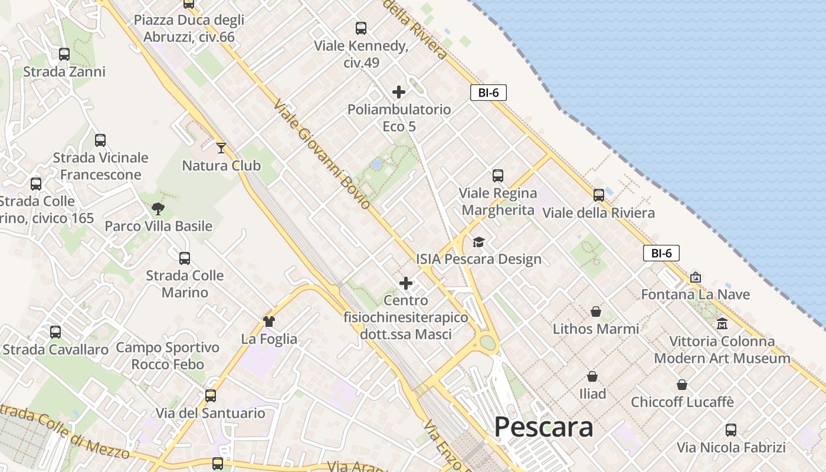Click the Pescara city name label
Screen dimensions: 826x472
pyautogui.click(x=543, y=427)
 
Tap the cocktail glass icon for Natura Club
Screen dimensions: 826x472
pyautogui.click(x=221, y=147)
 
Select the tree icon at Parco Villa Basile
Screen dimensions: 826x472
pyautogui.click(x=158, y=208)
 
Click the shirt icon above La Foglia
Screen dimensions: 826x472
pyautogui.click(x=269, y=321)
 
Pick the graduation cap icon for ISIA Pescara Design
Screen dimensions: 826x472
pyautogui.click(x=478, y=242)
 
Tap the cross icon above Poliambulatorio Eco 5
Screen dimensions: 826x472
pyautogui.click(x=399, y=92)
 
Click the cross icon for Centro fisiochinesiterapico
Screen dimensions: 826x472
pyautogui.click(x=406, y=283)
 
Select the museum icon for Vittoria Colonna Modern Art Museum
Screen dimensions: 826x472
pyautogui.click(x=722, y=323)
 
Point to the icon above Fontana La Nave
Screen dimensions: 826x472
pyautogui.click(x=696, y=277)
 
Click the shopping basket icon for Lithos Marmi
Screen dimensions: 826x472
pyautogui.click(x=596, y=311)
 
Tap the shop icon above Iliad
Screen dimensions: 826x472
pyautogui.click(x=592, y=376)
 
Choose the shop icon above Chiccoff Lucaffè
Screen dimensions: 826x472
pyautogui.click(x=682, y=385)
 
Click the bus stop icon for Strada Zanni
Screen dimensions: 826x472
pyautogui.click(x=64, y=54)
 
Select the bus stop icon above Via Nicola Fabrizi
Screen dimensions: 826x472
pyautogui.click(x=731, y=430)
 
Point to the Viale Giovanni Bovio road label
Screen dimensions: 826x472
pyautogui.click(x=322, y=153)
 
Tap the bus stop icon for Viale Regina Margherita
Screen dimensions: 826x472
pyautogui.click(x=498, y=175)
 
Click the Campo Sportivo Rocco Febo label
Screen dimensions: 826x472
pyautogui.click(x=168, y=356)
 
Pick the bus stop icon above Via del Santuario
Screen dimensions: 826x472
pyautogui.click(x=211, y=395)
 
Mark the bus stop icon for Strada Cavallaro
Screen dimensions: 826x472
pyautogui.click(x=55, y=332)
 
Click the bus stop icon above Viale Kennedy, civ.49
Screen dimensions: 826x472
pyautogui.click(x=361, y=28)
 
